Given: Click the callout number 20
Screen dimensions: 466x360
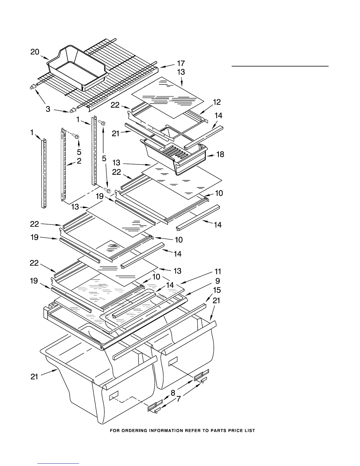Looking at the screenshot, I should click(x=35, y=52).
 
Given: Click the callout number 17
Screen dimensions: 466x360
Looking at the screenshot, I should click(x=181, y=63).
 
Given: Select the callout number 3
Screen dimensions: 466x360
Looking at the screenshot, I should click(x=48, y=109).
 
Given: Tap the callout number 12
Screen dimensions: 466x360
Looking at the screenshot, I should click(x=217, y=102).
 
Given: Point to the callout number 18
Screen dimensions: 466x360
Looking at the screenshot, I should click(x=220, y=154).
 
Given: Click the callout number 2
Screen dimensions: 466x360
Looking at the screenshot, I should click(x=79, y=161).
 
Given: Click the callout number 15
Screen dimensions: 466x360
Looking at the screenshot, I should click(x=217, y=290).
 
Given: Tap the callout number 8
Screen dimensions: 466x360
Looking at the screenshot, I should click(x=173, y=392).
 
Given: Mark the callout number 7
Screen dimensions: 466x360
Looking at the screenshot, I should click(x=179, y=399).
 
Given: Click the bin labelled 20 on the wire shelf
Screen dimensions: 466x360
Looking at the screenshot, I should click(x=77, y=68).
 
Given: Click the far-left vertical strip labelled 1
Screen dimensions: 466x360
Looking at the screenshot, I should click(x=44, y=174).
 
